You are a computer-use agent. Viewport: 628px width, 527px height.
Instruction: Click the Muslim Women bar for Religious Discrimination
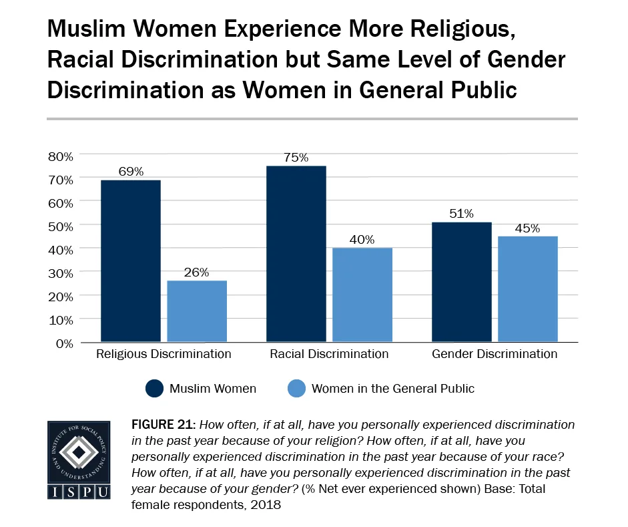coord(130,260)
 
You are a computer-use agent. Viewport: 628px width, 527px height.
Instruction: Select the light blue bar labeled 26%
coord(197,311)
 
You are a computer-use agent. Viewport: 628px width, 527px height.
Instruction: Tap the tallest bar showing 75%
coord(296,254)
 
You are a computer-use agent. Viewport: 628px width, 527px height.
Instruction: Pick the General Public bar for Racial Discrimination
coord(362,295)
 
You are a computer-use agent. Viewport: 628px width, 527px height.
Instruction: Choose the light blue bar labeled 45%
coord(528,289)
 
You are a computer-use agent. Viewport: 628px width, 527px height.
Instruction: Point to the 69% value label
coord(131,171)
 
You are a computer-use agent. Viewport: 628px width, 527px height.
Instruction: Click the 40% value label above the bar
coord(362,239)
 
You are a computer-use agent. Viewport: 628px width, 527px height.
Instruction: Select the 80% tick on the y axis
coord(61,156)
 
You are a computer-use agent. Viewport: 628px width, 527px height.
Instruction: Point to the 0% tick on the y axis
coord(63,343)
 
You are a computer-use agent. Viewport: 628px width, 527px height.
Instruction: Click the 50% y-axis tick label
coord(61,226)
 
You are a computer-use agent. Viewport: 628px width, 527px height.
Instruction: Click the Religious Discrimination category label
coord(164,354)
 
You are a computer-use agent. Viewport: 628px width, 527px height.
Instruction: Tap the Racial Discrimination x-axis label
coord(329,354)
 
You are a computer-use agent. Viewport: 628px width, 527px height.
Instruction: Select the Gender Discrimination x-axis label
coord(495,354)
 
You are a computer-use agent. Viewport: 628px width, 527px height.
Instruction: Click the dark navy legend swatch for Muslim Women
coord(153,388)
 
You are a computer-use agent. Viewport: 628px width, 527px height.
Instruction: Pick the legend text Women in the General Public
coord(393,388)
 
